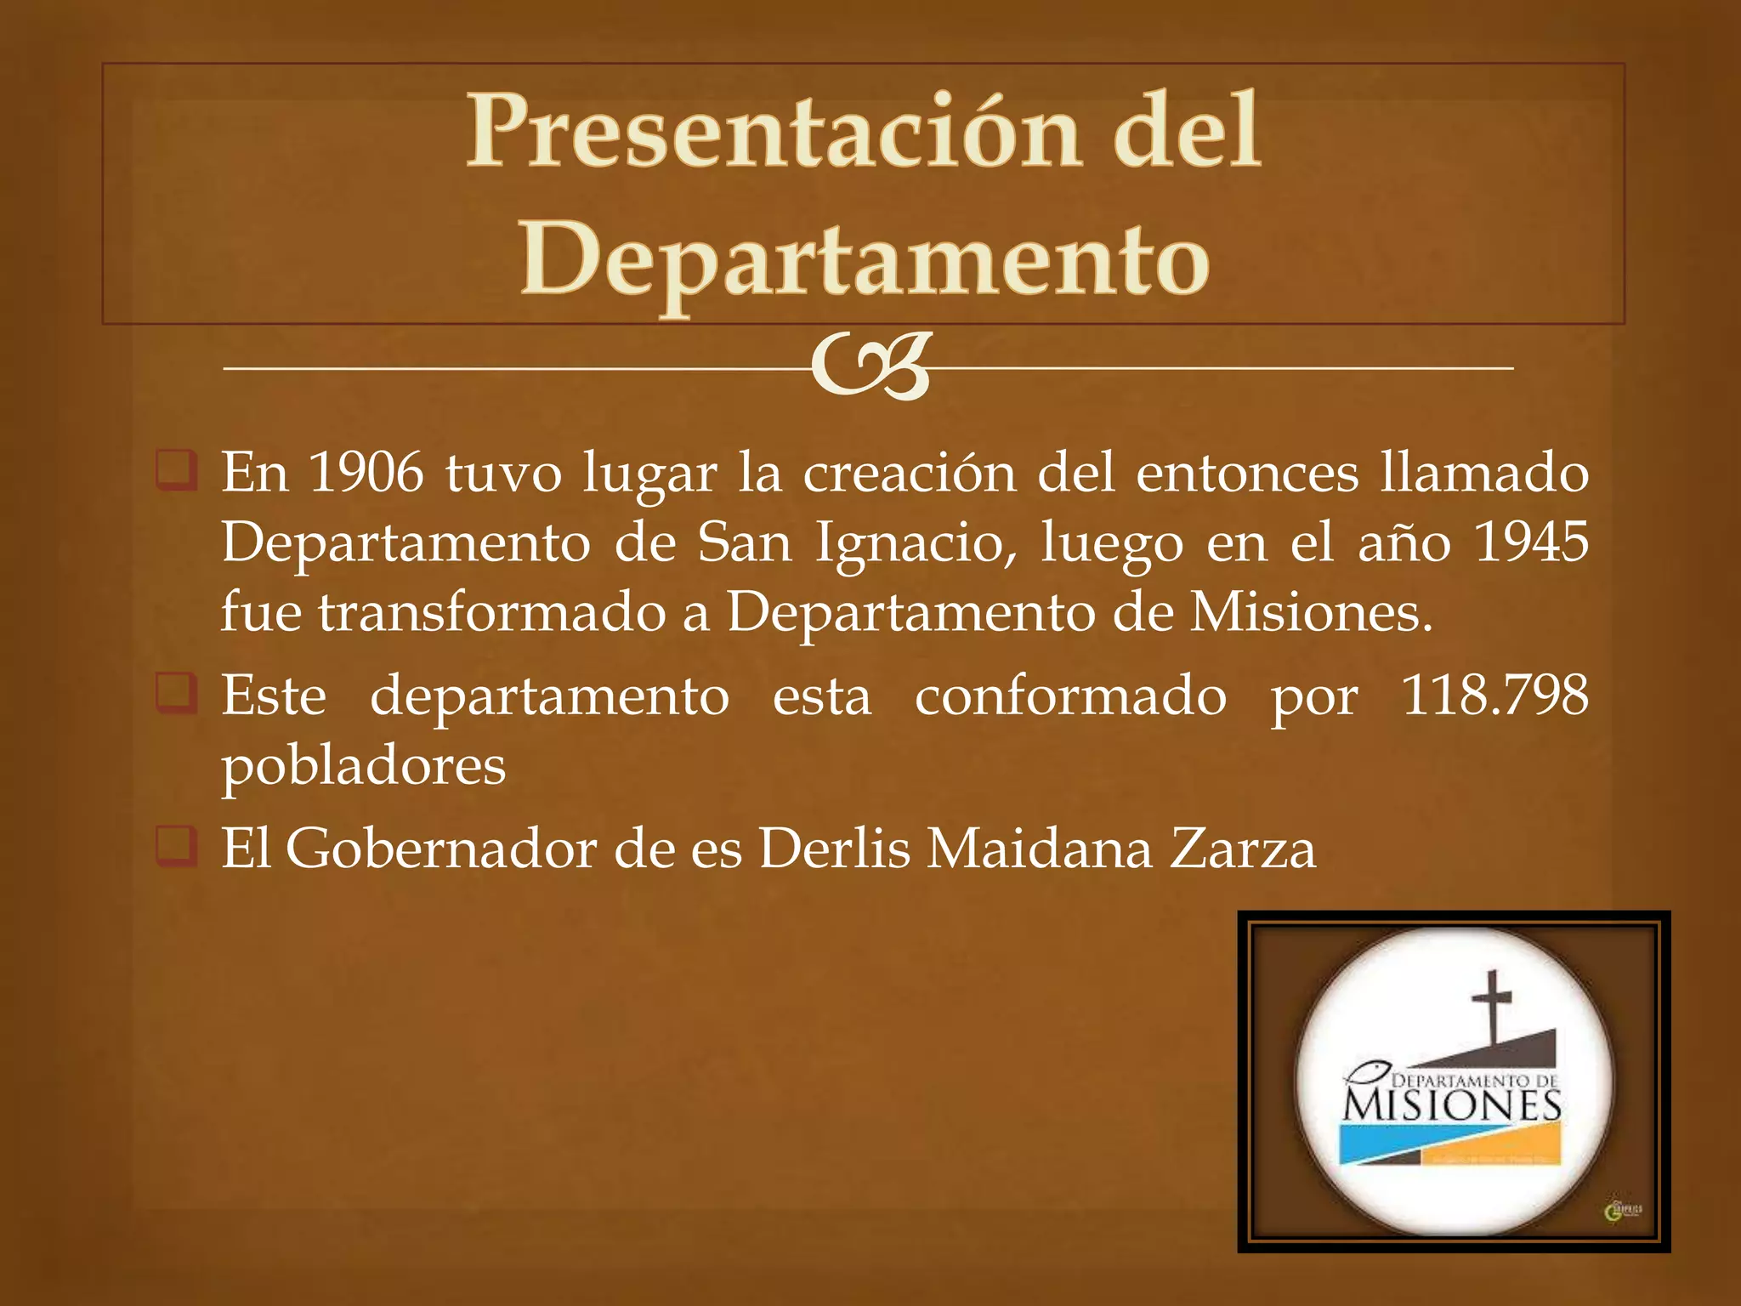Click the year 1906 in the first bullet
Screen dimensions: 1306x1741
point(366,473)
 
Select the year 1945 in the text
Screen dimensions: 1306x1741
point(1530,542)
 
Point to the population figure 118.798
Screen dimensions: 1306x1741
point(1494,696)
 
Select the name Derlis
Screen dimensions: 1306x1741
point(834,849)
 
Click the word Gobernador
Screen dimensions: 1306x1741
point(440,849)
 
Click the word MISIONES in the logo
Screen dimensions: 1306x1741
point(1452,1105)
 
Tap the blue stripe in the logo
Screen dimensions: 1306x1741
point(1394,1144)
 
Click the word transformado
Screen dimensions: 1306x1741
point(492,612)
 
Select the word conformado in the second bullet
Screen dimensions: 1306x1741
point(1070,696)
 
